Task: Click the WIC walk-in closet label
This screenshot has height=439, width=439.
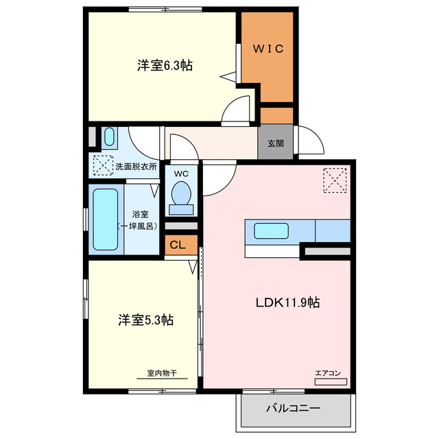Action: [x=267, y=49]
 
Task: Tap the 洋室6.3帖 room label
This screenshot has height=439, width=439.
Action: [x=164, y=66]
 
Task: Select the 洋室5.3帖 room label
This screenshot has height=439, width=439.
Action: [x=145, y=320]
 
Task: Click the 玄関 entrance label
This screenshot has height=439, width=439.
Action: [x=275, y=144]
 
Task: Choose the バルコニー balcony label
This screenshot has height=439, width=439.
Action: [x=293, y=408]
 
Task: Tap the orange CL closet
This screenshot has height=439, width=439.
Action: [x=177, y=245]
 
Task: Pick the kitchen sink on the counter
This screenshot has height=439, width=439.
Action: [x=271, y=230]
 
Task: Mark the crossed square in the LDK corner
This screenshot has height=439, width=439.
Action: [x=336, y=180]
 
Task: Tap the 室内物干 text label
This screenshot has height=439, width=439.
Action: [x=162, y=374]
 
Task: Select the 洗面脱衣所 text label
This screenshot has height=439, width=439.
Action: [x=136, y=166]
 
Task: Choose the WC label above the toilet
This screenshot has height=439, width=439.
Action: [x=181, y=173]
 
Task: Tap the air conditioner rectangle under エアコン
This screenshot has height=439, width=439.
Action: [x=331, y=381]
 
